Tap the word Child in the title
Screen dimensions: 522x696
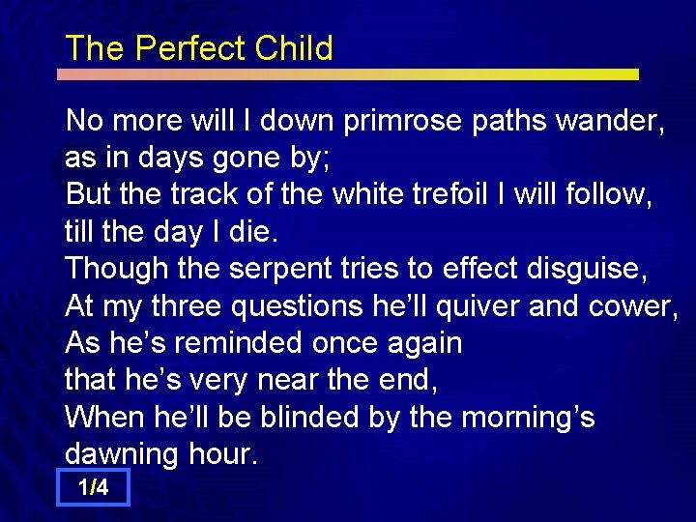pos(294,48)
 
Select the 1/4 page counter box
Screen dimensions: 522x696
pos(93,488)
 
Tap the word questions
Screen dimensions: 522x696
pos(299,305)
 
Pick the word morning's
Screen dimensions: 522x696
pos(528,418)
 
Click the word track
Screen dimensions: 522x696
pos(206,194)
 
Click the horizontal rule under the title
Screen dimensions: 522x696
pos(348,74)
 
